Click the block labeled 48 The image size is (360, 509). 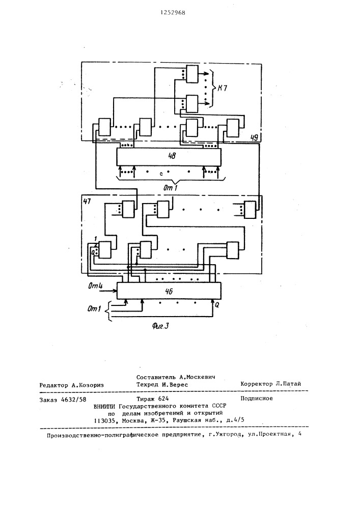pyautogui.click(x=169, y=157)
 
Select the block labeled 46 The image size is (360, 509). pyautogui.click(x=169, y=291)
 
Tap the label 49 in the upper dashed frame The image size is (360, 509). pyautogui.click(x=254, y=137)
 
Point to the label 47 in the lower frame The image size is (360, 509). pyautogui.click(x=87, y=201)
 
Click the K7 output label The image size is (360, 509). pyautogui.click(x=223, y=88)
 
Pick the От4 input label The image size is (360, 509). pyautogui.click(x=95, y=286)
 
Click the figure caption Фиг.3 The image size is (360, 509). pyautogui.click(x=160, y=326)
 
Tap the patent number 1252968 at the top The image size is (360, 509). pyautogui.click(x=173, y=13)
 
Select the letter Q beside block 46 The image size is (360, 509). pyautogui.click(x=217, y=305)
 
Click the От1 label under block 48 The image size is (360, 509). pyautogui.click(x=170, y=187)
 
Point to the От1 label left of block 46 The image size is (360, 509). pyautogui.click(x=94, y=308)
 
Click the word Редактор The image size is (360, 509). pyautogui.click(x=53, y=385)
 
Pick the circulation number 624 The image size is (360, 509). pyautogui.click(x=163, y=399)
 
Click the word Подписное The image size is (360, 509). pyautogui.click(x=257, y=399)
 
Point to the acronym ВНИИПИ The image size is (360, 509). pyautogui.click(x=104, y=406)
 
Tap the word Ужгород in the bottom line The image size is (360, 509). pyautogui.click(x=230, y=435)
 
